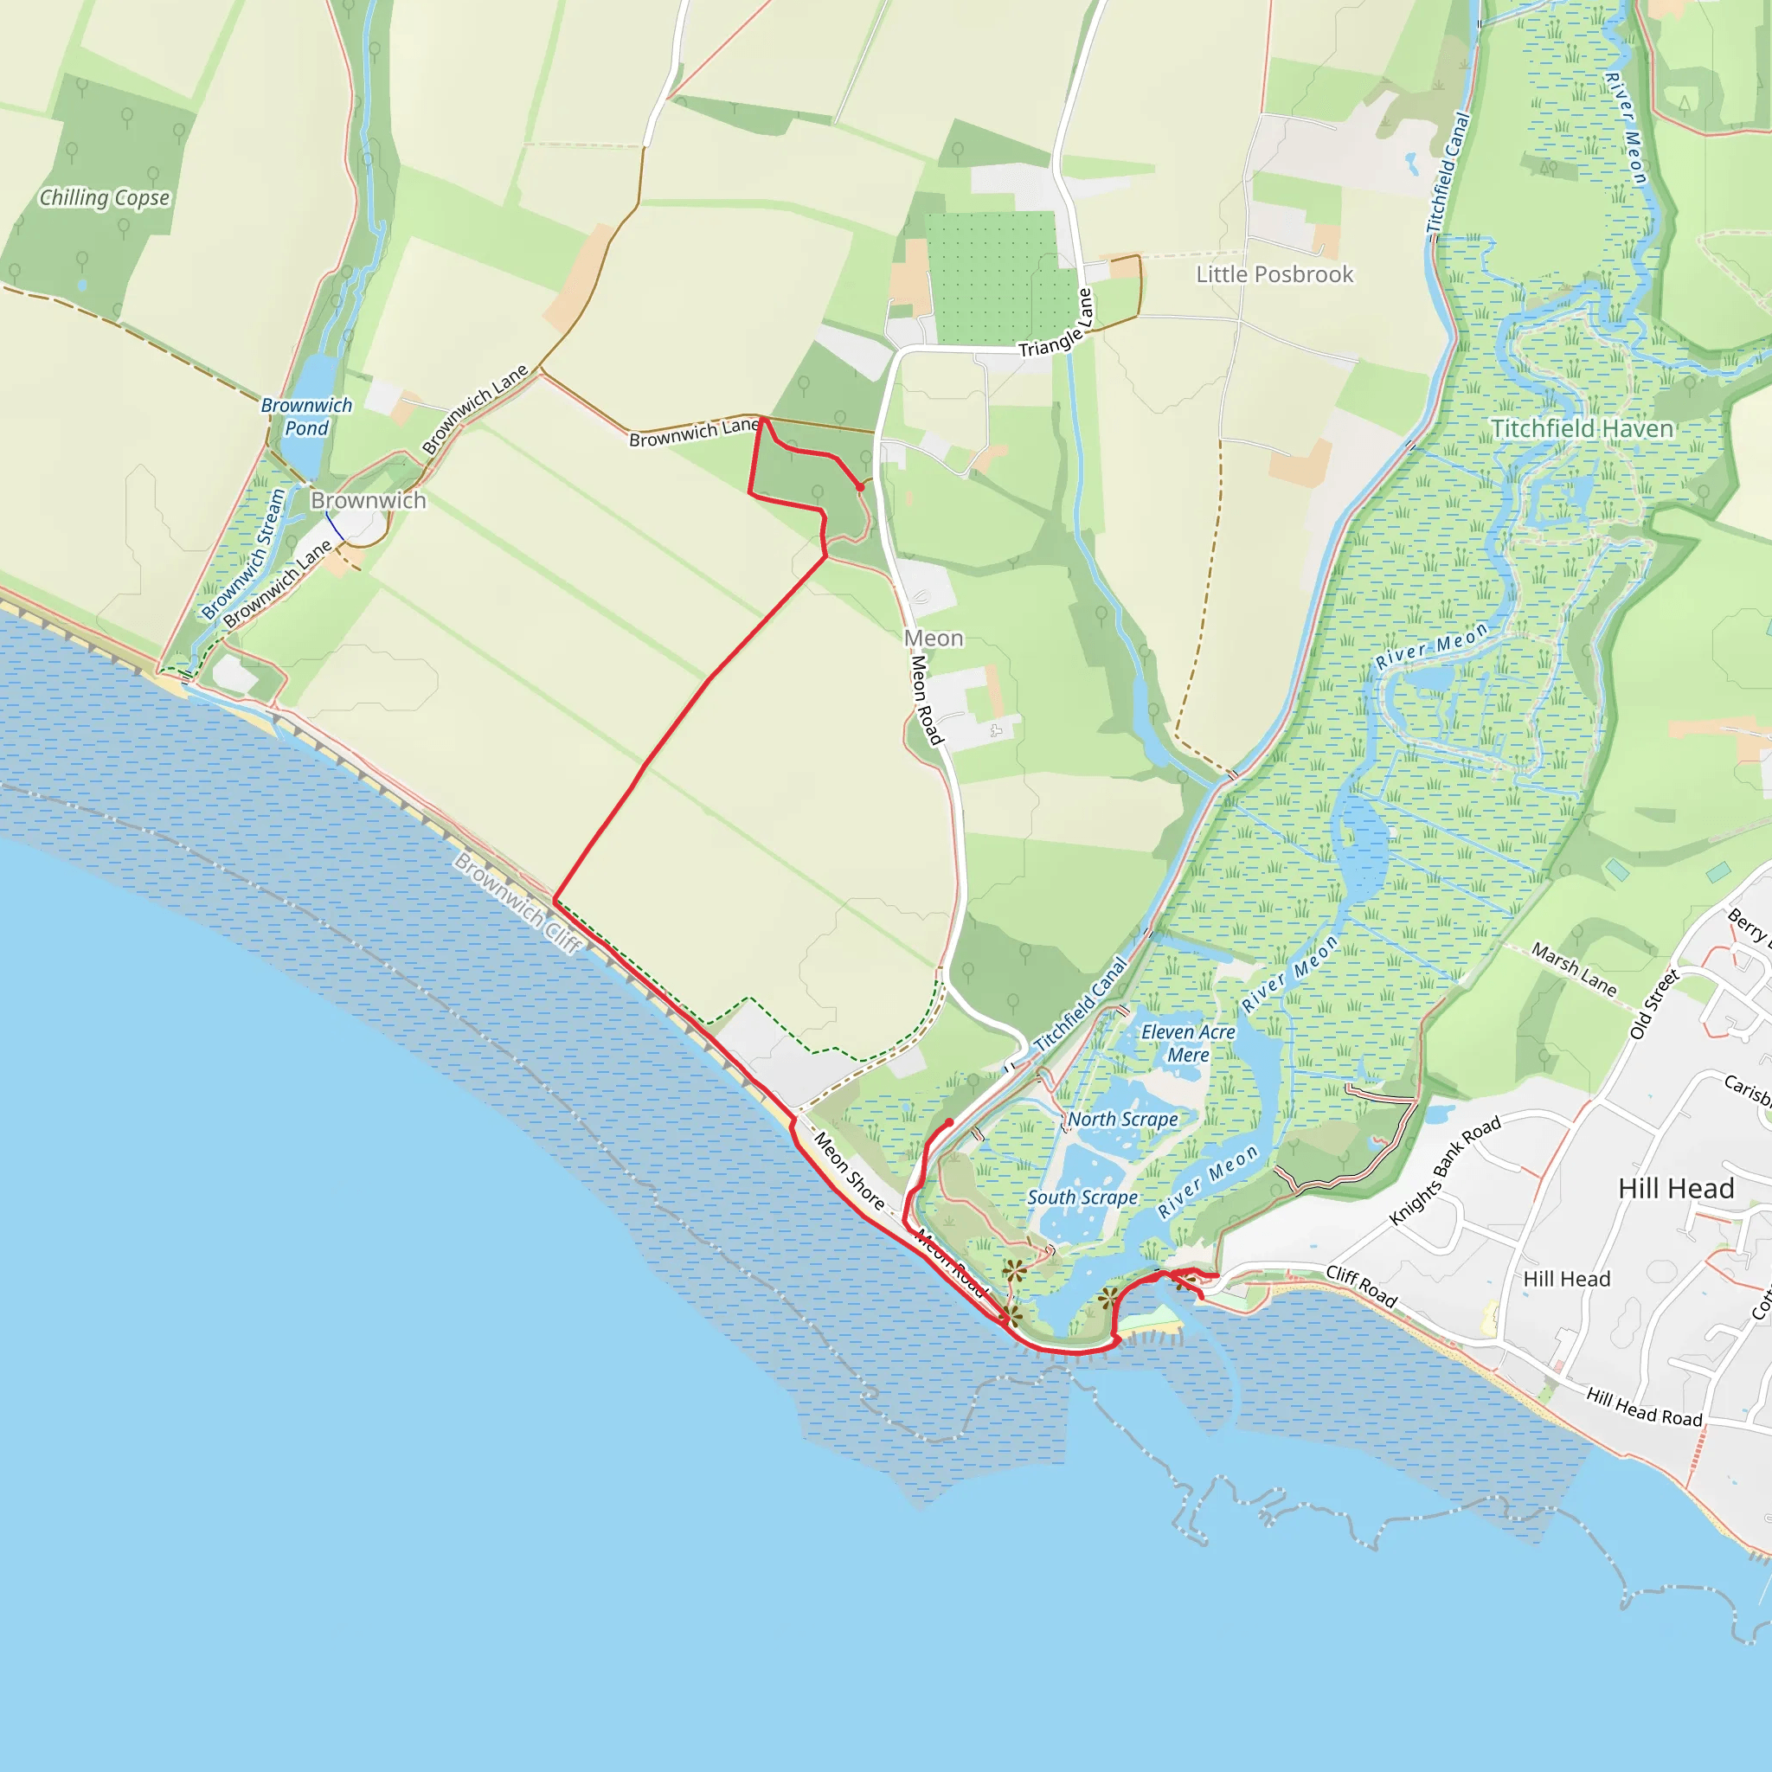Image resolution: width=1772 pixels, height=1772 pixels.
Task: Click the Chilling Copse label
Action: coord(105,198)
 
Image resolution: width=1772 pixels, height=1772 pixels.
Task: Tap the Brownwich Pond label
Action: coord(306,416)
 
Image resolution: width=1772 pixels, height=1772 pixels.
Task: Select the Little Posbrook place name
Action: coord(1274,274)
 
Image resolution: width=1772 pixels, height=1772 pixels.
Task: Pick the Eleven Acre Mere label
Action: coord(1188,1043)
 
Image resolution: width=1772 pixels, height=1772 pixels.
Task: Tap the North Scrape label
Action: coord(1122,1119)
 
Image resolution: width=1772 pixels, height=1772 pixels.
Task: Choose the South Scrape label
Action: coord(1082,1197)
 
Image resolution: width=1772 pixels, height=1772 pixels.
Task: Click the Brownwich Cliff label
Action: coord(518,902)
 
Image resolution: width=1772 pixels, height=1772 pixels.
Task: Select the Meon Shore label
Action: coord(850,1172)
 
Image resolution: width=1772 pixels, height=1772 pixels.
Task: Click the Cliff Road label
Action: coord(1361,1286)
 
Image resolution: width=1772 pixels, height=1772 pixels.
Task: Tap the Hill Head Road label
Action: coord(1645,1407)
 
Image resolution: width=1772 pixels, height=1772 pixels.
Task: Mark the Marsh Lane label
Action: coord(1574,968)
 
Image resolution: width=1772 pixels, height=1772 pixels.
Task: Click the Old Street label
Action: coord(1653,1004)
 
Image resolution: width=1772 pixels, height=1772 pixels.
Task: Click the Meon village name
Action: coord(934,639)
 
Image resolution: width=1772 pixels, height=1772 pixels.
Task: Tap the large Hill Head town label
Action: coord(1676,1189)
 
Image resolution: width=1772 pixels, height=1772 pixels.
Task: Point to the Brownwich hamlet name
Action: coord(368,501)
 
